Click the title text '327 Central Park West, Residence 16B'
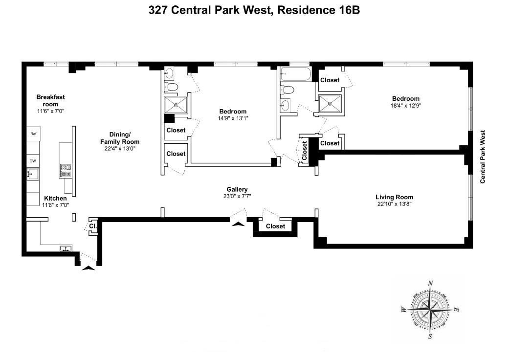pyautogui.click(x=254, y=10)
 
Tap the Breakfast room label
pyautogui.click(x=50, y=100)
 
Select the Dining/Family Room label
pyautogui.click(x=120, y=138)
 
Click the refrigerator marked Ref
pyautogui.click(x=34, y=134)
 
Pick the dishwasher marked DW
pyautogui.click(x=33, y=161)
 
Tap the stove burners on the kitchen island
pyautogui.click(x=66, y=170)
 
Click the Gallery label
pyautogui.click(x=237, y=189)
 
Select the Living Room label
pyautogui.click(x=394, y=197)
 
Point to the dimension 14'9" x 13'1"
pyautogui.click(x=232, y=118)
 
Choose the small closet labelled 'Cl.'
pyautogui.click(x=92, y=226)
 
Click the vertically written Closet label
pyautogui.click(x=305, y=151)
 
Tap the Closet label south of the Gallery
pyautogui.click(x=275, y=226)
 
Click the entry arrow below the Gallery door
pyautogui.click(x=238, y=224)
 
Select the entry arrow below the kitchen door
pyautogui.click(x=88, y=267)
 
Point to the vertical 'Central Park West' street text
pyautogui.click(x=482, y=157)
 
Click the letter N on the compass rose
pyautogui.click(x=431, y=283)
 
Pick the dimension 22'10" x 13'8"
pyautogui.click(x=394, y=204)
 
